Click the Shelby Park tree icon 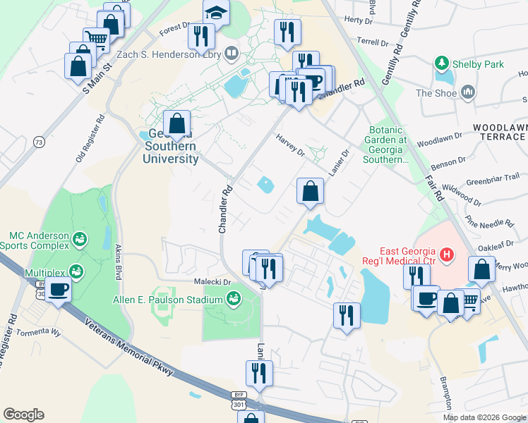click(x=443, y=64)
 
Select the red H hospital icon click(x=445, y=254)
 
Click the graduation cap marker click(x=216, y=12)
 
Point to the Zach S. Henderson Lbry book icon click(x=232, y=53)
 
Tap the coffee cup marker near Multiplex click(x=59, y=290)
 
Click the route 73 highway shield click(x=39, y=142)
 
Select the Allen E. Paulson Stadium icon click(x=232, y=300)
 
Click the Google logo click(x=23, y=414)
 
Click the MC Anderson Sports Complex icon click(x=79, y=240)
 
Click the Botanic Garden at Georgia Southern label click(x=388, y=145)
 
